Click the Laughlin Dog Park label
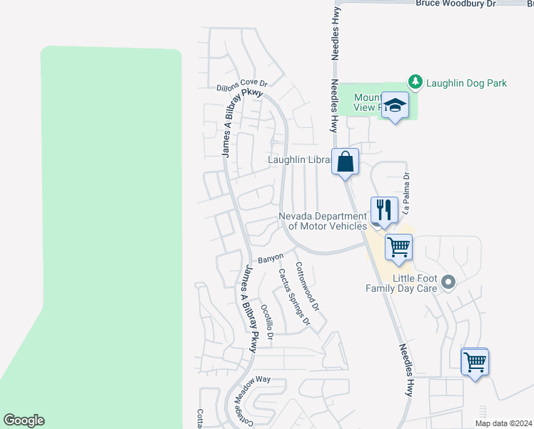[x=466, y=83]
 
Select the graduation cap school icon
[x=394, y=107]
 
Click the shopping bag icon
[x=345, y=161]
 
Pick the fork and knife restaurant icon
[x=384, y=209]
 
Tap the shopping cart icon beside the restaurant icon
[x=398, y=247]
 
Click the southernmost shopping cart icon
[x=474, y=363]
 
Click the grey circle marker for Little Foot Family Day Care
[x=448, y=282]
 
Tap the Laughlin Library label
[x=299, y=160]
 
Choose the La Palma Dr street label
[x=406, y=193]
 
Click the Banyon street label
[x=271, y=257]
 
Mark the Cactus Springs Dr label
[x=293, y=296]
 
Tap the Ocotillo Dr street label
[x=267, y=322]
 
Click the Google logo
[x=24, y=420]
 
